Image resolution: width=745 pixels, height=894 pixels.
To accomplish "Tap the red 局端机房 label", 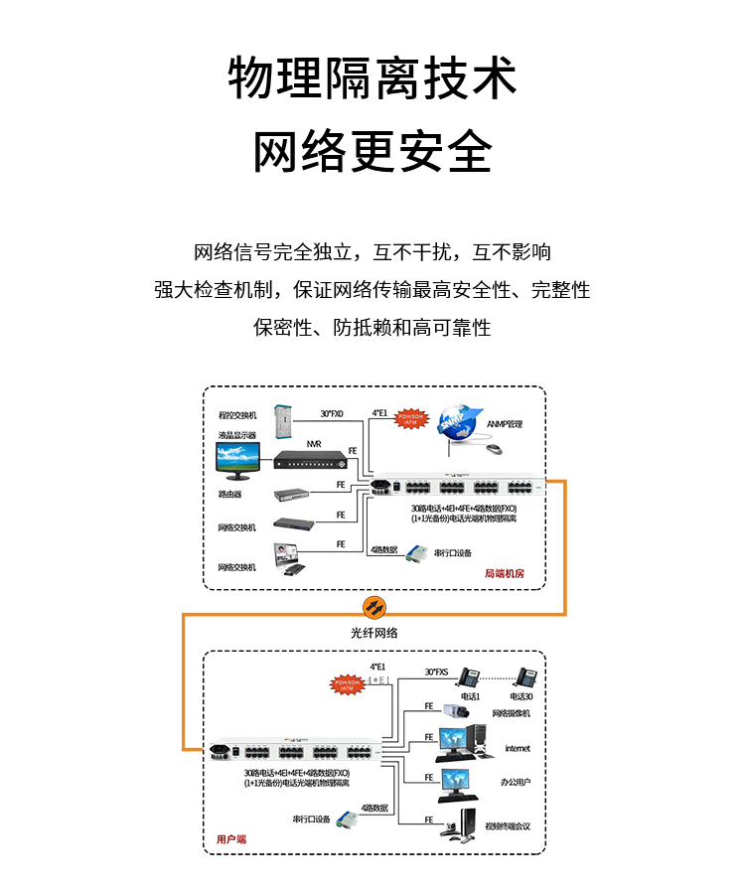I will (x=504, y=573).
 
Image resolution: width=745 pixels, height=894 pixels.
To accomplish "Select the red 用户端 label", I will (x=230, y=839).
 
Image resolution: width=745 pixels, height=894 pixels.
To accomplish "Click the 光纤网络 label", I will (x=374, y=632).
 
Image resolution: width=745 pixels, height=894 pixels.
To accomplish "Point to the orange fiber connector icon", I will (x=373, y=605).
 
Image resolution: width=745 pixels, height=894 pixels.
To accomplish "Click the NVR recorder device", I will (x=314, y=460).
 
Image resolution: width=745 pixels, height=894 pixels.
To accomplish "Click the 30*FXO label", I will (x=331, y=413).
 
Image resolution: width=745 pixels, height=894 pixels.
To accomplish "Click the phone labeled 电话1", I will (x=468, y=677).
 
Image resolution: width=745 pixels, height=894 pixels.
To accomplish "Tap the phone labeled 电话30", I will (x=527, y=677).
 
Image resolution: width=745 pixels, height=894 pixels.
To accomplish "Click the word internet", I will (x=518, y=748).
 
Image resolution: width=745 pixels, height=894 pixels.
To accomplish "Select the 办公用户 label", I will (x=516, y=782).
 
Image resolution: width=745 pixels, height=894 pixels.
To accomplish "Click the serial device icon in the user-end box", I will (x=346, y=819).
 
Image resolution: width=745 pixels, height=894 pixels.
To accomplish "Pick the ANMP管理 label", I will (x=505, y=424).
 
